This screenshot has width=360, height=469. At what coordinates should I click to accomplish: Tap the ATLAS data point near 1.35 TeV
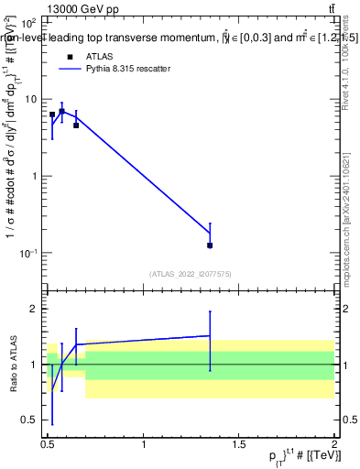[211, 245]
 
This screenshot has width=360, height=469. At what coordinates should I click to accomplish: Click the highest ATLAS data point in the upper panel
[61, 112]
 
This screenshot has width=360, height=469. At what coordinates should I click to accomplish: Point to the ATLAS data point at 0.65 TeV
[76, 125]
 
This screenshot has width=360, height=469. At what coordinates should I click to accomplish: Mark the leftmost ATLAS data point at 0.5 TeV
[52, 115]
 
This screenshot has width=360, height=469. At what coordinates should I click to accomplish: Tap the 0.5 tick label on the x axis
[48, 445]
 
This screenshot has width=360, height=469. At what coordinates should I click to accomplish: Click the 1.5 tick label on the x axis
[239, 445]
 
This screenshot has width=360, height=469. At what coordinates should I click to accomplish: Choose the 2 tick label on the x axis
[334, 445]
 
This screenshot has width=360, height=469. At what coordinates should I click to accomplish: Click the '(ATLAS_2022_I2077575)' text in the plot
[190, 274]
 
